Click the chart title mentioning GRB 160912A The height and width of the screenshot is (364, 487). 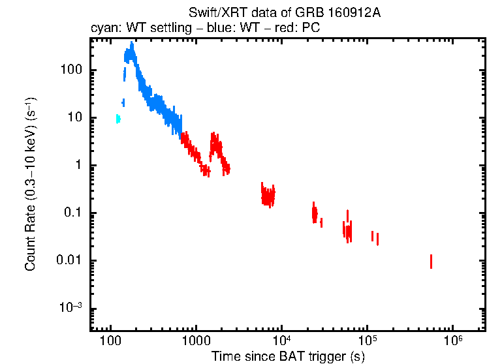[x=284, y=13]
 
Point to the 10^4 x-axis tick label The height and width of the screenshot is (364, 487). [x=281, y=341]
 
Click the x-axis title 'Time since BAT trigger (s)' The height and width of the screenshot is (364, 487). [x=288, y=356]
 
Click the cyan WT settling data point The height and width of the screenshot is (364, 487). [x=118, y=119]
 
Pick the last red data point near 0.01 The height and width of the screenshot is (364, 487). [x=431, y=261]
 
